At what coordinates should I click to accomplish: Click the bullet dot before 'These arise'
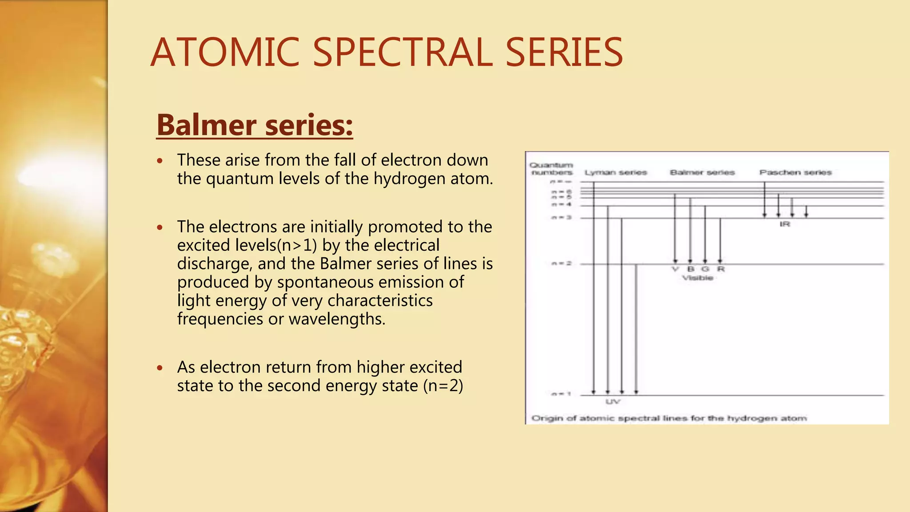pyautogui.click(x=160, y=160)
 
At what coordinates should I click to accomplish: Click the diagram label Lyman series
pyautogui.click(x=615, y=172)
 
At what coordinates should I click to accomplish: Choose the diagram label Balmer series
pyautogui.click(x=702, y=172)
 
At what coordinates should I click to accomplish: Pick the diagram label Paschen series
pyautogui.click(x=795, y=172)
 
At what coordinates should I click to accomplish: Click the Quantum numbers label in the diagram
pyautogui.click(x=551, y=169)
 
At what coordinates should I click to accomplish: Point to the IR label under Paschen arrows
pyautogui.click(x=785, y=224)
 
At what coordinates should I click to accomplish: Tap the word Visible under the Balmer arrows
pyautogui.click(x=698, y=278)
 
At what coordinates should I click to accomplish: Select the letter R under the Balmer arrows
pyautogui.click(x=721, y=269)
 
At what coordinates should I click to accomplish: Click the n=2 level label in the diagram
pyautogui.click(x=561, y=264)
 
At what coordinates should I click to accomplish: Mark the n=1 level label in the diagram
pyautogui.click(x=561, y=394)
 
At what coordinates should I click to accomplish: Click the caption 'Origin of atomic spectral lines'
pyautogui.click(x=669, y=418)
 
